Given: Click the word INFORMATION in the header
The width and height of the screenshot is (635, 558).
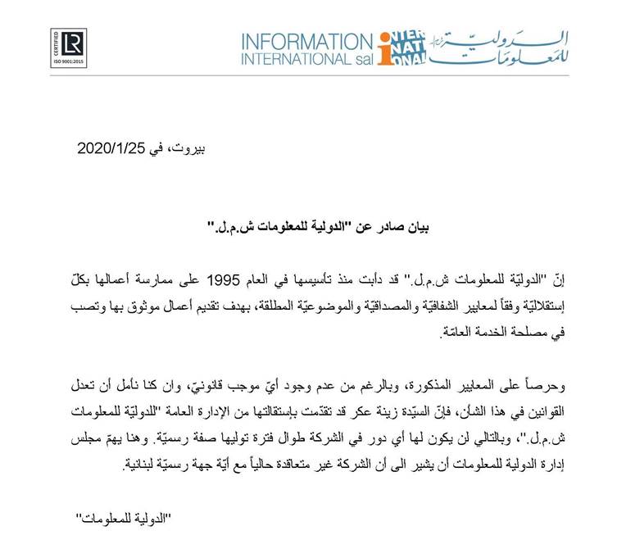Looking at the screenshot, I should pyautogui.click(x=308, y=42).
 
